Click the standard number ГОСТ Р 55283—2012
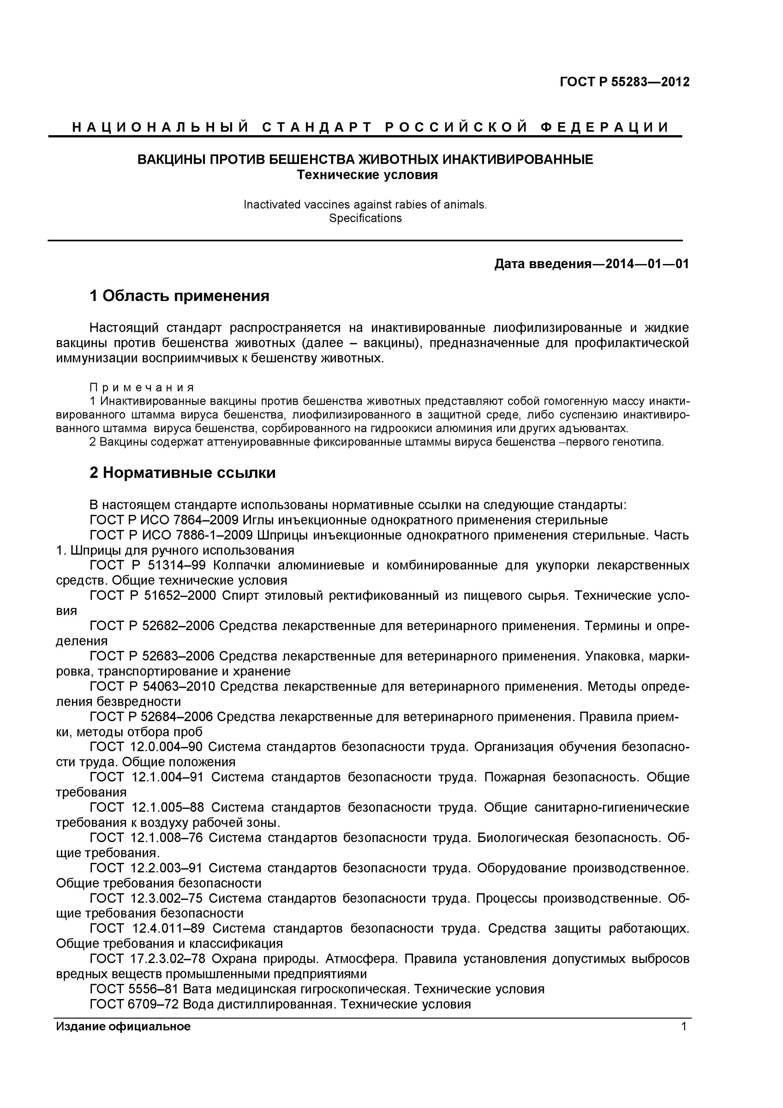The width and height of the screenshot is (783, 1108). coord(624,82)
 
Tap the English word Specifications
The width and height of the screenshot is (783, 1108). coord(365,218)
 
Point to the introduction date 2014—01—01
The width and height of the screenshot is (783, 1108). coord(647,264)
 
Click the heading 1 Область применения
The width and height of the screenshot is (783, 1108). coord(179,295)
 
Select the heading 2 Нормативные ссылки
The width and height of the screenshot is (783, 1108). coord(182,472)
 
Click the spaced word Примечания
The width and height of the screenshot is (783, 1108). coord(142,387)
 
